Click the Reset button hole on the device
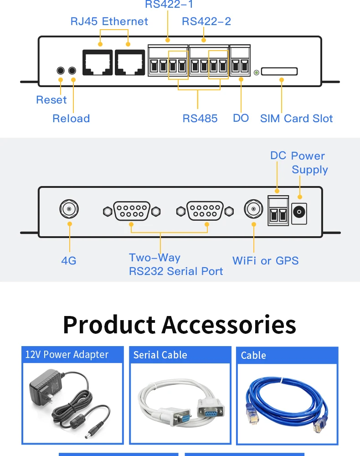pyautogui.click(x=61, y=70)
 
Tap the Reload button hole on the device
pyautogui.click(x=72, y=70)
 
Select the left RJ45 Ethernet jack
pyautogui.click(x=98, y=62)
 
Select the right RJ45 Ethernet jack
pyautogui.click(x=130, y=62)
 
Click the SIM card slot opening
pyautogui.click(x=279, y=71)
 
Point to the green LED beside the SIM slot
pyautogui.click(x=256, y=73)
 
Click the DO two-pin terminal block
pyautogui.click(x=240, y=61)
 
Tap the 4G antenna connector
pyautogui.click(x=69, y=209)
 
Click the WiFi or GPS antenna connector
pyautogui.click(x=254, y=209)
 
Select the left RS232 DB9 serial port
pyautogui.click(x=132, y=211)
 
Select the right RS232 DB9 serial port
pyautogui.click(x=205, y=211)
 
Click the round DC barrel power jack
pyautogui.click(x=299, y=212)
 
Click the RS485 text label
pyautogui.click(x=200, y=119)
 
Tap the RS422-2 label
pyautogui.click(x=206, y=21)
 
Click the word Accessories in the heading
pyautogui.click(x=229, y=325)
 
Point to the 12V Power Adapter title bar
pyautogui.click(x=72, y=354)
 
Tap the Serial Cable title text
pyautogui.click(x=160, y=355)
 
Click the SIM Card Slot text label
pyautogui.click(x=296, y=119)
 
